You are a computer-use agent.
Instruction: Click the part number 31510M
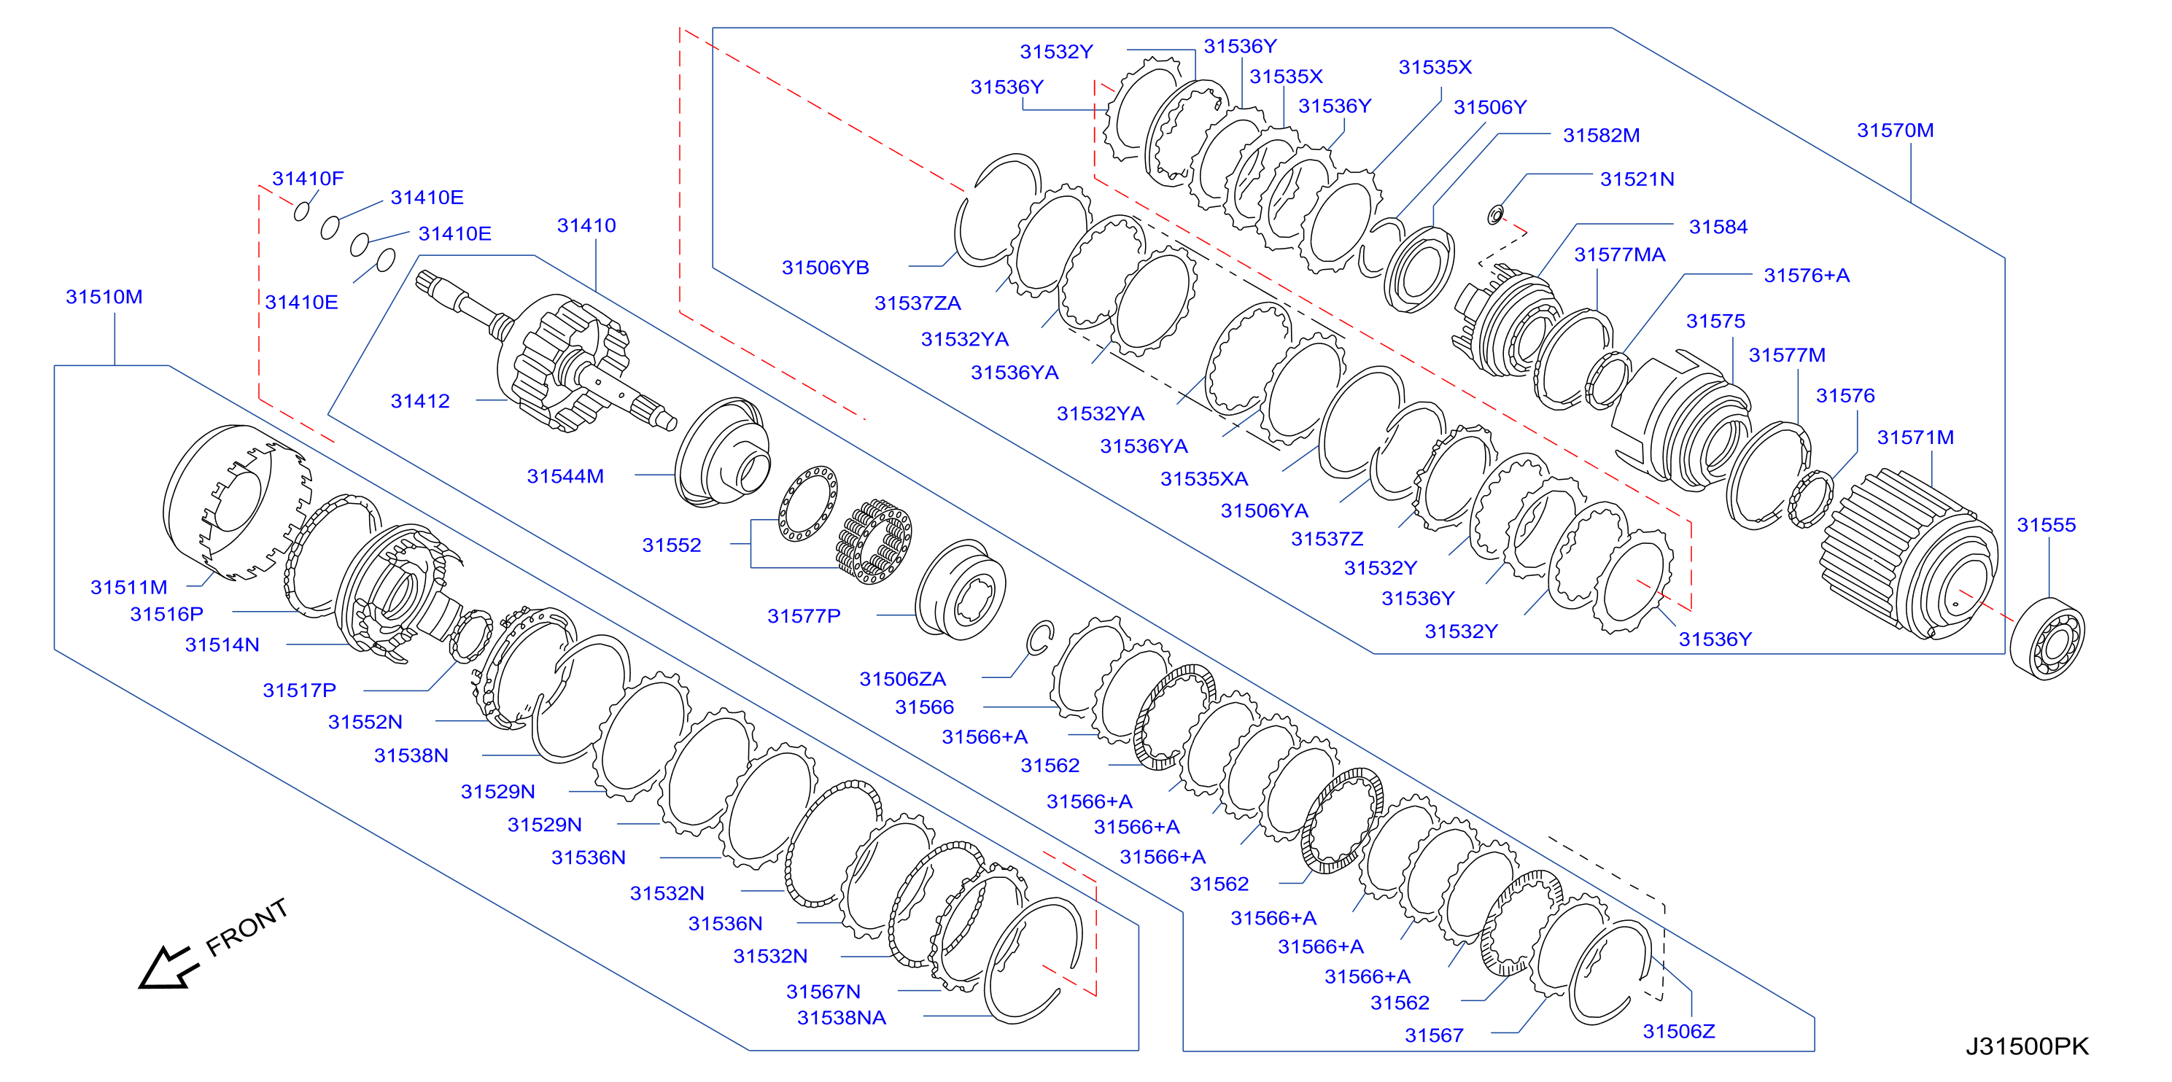104,297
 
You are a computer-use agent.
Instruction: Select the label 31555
2046,525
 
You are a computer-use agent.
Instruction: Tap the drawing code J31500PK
2027,1046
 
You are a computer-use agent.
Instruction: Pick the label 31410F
308,179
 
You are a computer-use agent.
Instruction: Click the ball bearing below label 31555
2047,638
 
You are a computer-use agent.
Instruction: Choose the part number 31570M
1896,131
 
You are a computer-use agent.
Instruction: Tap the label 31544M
565,476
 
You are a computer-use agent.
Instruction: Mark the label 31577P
804,616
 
